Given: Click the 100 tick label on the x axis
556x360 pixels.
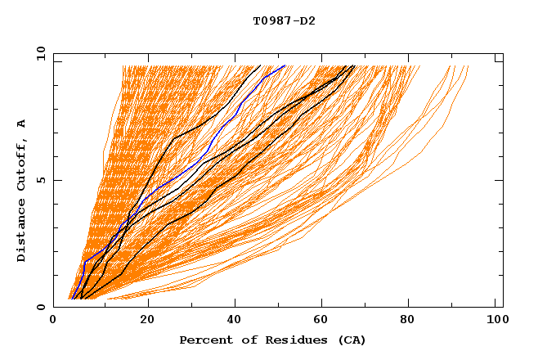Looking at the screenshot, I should point(495,320).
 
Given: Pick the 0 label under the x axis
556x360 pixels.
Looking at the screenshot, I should point(53,320).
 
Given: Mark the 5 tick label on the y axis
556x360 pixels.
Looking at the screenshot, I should point(40,180).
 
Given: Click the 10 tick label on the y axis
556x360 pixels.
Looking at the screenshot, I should point(39,53).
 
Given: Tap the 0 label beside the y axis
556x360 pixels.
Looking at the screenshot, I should point(40,307).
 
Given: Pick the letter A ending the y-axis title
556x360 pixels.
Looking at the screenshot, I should point(22,124).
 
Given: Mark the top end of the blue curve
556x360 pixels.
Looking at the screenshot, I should point(285,65).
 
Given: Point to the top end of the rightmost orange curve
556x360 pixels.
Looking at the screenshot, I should point(469,66).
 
